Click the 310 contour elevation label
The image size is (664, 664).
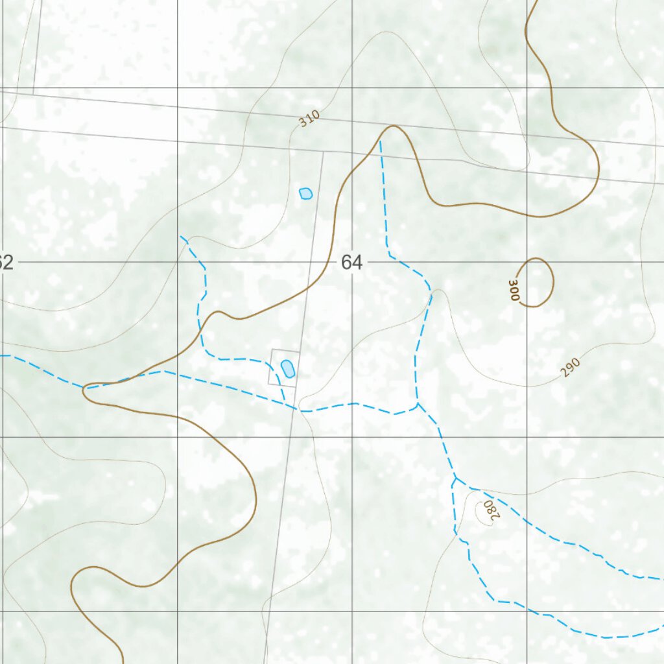click(310, 119)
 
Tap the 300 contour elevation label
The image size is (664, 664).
click(514, 290)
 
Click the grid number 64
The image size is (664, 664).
click(351, 263)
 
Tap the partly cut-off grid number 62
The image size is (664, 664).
click(6, 263)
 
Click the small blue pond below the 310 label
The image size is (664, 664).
click(305, 193)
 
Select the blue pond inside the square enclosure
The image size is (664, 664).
click(287, 368)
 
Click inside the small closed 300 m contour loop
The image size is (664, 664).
click(536, 281)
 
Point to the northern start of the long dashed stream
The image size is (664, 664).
click(380, 141)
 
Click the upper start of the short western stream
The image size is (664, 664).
click(181, 237)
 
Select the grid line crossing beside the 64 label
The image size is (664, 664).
click(352, 262)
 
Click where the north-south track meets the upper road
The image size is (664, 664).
click(323, 152)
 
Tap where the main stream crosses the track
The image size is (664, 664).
click(297, 409)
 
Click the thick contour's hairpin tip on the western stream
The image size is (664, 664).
click(86, 388)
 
